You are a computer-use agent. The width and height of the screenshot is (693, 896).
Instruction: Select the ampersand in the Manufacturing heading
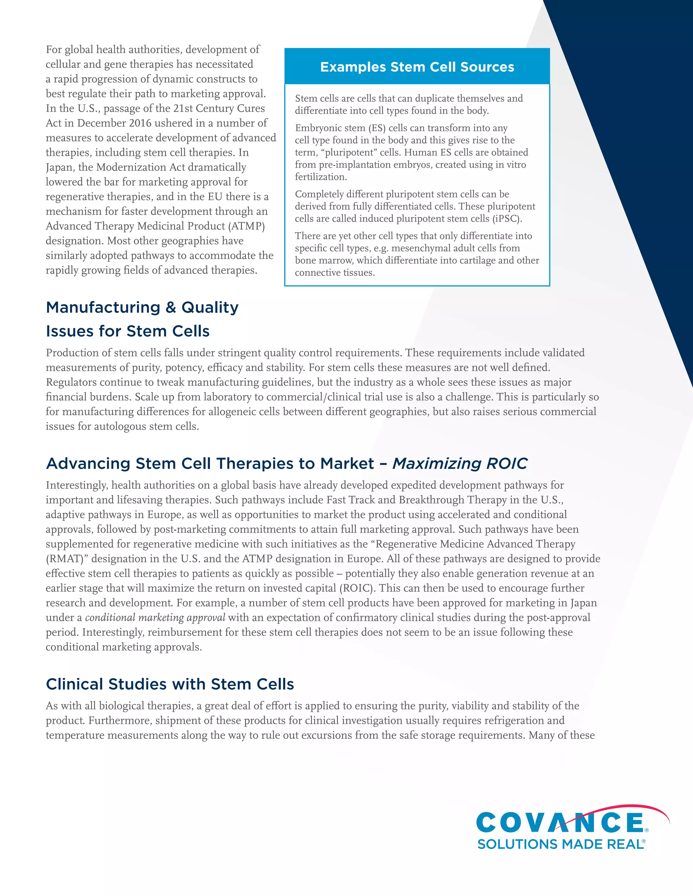click(x=171, y=307)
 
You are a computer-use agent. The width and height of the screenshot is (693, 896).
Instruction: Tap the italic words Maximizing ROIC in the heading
click(x=460, y=463)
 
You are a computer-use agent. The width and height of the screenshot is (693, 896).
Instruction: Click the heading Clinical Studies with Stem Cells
click(x=170, y=684)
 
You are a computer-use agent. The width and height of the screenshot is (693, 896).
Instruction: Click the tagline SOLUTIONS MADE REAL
click(x=560, y=844)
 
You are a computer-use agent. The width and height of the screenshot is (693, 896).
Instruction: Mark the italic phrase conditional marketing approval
click(x=155, y=617)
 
